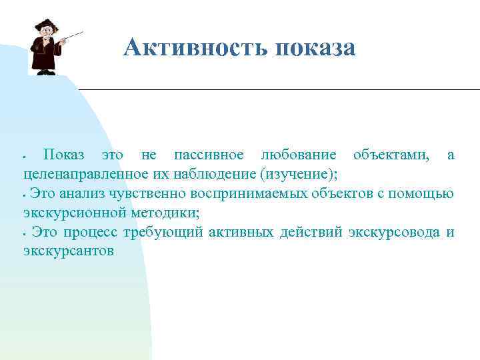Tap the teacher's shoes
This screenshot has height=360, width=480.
(x=45, y=72)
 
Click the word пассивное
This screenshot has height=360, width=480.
(x=208, y=155)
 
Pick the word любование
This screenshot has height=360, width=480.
(x=299, y=155)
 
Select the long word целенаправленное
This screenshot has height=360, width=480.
(x=89, y=175)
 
